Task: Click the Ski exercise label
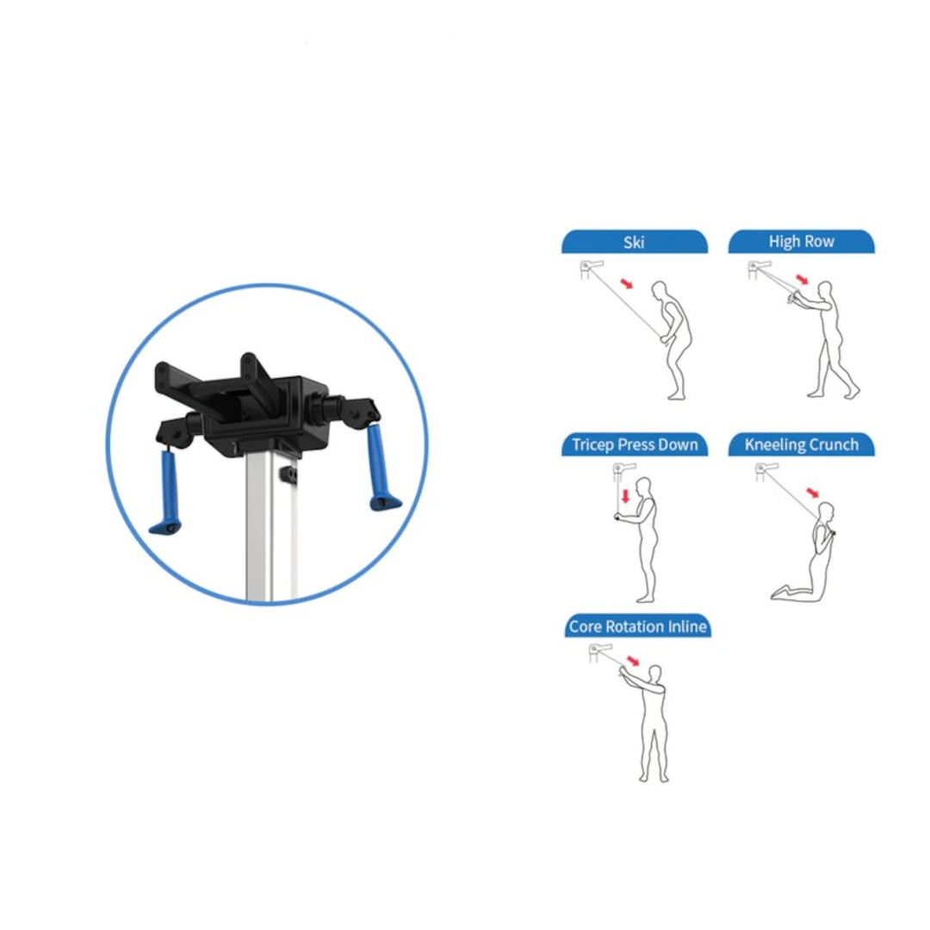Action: [x=634, y=242]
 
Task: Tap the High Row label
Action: [x=802, y=241]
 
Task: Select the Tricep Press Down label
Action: [x=635, y=445]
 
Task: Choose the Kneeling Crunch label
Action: [x=802, y=445]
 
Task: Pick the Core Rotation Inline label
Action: [x=637, y=626]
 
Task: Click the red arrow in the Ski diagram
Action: [x=626, y=283]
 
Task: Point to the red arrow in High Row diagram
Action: [x=802, y=279]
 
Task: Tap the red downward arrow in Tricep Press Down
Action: [x=625, y=496]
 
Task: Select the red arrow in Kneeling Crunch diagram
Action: [x=813, y=493]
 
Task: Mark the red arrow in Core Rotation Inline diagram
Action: [x=634, y=660]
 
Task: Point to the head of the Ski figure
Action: [x=660, y=291]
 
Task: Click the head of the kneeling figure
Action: [x=826, y=512]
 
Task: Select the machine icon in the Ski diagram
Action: [x=592, y=269]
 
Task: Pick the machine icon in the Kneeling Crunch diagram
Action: [x=766, y=472]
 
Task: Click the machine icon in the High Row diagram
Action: [x=759, y=269]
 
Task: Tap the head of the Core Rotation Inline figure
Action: [x=654, y=673]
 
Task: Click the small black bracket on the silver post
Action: [x=288, y=474]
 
